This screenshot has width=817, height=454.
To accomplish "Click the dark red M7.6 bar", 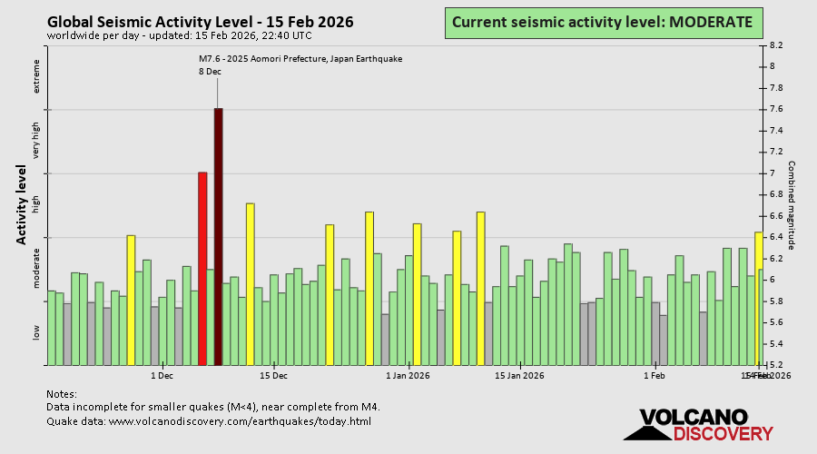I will (x=218, y=236).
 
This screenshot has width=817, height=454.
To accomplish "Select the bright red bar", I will (x=202, y=268).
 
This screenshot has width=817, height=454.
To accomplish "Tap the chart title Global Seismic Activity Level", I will (x=200, y=22).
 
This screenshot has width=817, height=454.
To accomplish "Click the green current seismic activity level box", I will (x=603, y=22).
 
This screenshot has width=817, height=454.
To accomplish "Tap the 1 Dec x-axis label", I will (x=162, y=375).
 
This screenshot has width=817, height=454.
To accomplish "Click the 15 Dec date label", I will (x=273, y=375).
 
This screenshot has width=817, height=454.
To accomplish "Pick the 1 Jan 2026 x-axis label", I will (x=408, y=375).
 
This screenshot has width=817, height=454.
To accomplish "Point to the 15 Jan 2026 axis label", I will (x=519, y=375).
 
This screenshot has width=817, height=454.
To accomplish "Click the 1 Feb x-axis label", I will (x=654, y=375).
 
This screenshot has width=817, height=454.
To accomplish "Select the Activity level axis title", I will (x=21, y=204).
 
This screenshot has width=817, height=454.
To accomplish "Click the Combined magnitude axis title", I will (x=791, y=204).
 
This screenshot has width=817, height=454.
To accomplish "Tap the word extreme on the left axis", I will (x=37, y=77).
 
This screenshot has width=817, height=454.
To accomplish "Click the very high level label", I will (x=37, y=142).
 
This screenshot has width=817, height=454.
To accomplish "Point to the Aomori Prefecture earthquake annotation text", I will (x=300, y=58).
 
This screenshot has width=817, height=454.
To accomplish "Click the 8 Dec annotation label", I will (x=210, y=71).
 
